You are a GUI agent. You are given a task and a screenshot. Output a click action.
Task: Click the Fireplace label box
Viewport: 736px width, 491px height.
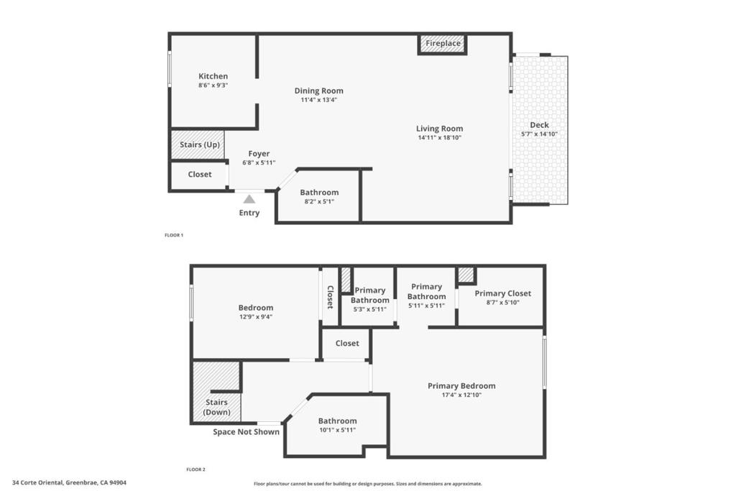point(442,44)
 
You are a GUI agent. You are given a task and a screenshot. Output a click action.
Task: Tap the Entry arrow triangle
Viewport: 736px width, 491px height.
point(249,199)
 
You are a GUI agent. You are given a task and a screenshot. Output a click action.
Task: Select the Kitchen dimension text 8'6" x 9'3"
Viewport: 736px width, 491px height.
point(213,86)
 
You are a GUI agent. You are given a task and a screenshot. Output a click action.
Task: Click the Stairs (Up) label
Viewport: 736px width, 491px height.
point(200,144)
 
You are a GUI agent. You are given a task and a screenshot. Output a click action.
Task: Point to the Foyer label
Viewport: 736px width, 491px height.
point(259,154)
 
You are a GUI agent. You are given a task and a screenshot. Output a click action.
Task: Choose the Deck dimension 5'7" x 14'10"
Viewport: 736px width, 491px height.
point(539,134)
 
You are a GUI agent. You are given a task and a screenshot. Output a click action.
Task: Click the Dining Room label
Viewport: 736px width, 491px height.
point(318,91)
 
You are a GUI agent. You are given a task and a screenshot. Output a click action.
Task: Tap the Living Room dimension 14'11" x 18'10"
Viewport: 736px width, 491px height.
point(440,137)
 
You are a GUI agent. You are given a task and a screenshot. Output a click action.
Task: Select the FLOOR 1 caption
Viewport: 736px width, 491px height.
point(174,235)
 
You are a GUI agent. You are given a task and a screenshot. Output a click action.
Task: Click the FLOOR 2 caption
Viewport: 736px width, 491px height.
point(195,469)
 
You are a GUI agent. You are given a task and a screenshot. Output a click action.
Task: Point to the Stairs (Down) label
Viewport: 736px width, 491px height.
point(217,407)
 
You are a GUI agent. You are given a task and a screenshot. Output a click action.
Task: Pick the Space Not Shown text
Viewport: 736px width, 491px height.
point(246,432)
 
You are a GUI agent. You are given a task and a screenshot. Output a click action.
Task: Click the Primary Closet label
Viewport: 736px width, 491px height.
point(502,293)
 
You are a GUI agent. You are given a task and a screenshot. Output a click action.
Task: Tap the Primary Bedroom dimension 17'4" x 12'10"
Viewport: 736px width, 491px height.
point(461,395)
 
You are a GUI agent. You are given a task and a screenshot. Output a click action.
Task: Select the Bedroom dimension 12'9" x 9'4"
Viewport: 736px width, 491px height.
point(256,317)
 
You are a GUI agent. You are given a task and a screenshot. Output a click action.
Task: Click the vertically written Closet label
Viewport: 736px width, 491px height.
point(330,297)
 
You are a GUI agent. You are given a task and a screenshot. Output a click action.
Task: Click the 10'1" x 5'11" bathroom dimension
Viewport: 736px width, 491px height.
point(338,430)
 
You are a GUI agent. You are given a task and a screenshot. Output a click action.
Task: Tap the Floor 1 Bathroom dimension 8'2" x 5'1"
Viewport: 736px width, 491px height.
point(319,201)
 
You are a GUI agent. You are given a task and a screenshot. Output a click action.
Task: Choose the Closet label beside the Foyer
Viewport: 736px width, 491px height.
point(200,174)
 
